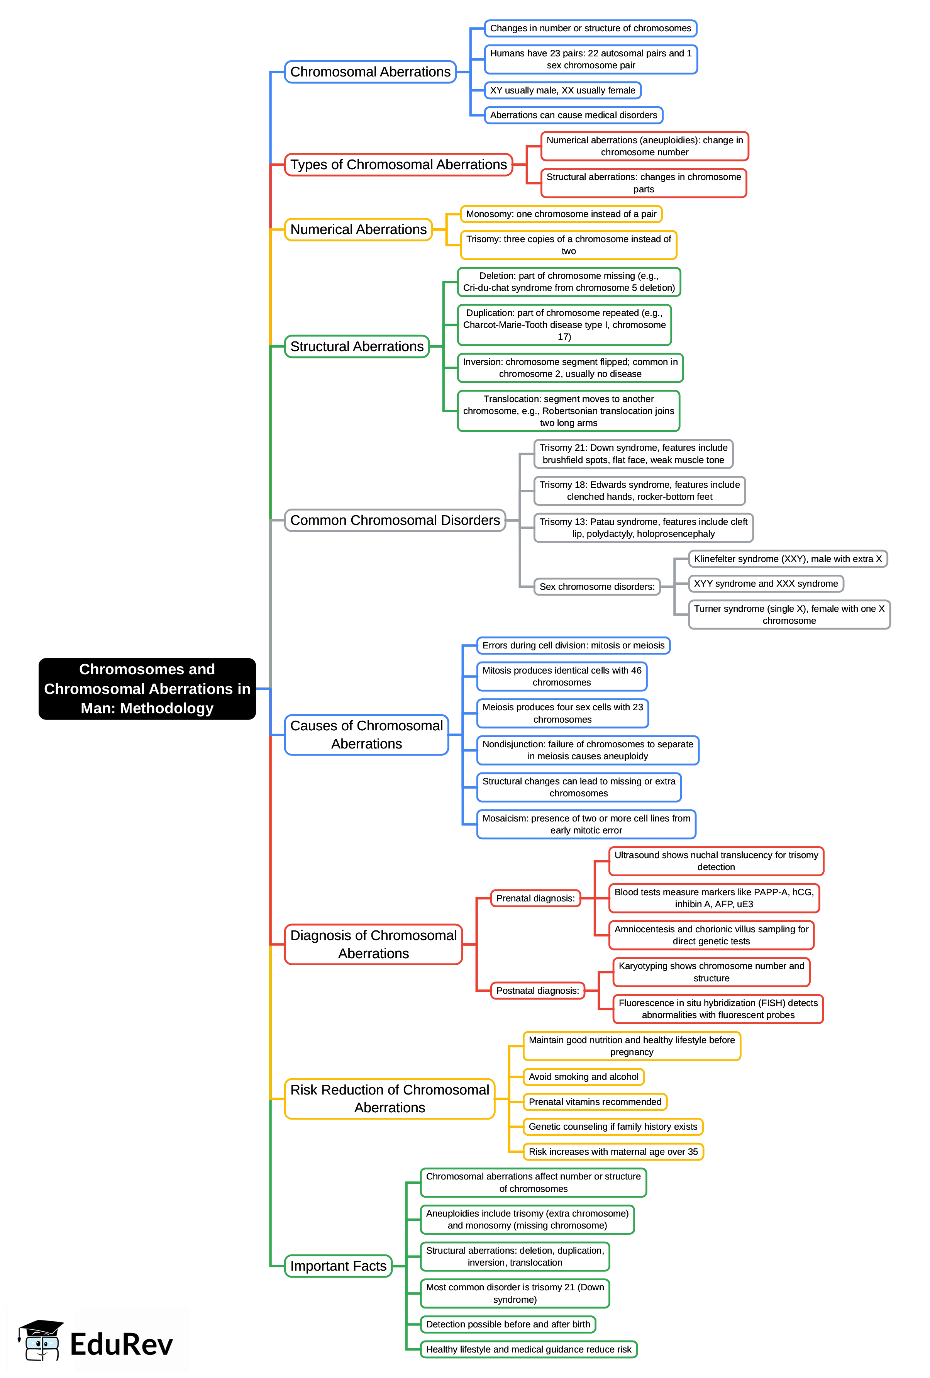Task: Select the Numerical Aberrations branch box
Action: [358, 229]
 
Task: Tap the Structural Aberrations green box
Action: [356, 346]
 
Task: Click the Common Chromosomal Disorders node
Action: [395, 520]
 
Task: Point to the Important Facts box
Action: [338, 1266]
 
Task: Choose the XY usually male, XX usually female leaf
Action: [562, 90]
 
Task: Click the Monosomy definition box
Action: [561, 214]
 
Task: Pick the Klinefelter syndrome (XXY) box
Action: [787, 558]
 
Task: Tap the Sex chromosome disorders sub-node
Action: [596, 586]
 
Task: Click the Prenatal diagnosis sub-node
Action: [535, 898]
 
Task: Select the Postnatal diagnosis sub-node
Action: [537, 990]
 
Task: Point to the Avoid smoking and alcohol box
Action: [583, 1077]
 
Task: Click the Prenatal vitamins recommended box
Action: [595, 1102]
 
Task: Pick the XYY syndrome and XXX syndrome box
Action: [765, 584]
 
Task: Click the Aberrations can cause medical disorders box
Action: [573, 115]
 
